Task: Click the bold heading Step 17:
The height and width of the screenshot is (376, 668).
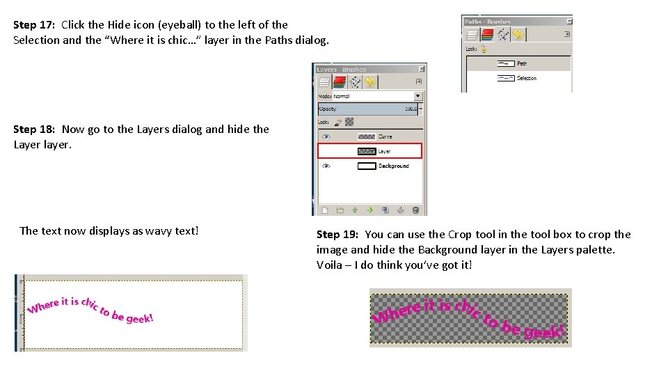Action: coord(34,24)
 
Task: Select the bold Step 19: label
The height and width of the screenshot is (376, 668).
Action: coord(337,235)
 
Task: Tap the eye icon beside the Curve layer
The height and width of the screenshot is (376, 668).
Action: coord(326,136)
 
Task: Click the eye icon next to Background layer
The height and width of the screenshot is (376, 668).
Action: coord(326,166)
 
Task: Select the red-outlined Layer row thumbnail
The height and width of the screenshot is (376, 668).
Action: coord(366,151)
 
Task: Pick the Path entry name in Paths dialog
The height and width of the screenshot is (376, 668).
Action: coord(522,63)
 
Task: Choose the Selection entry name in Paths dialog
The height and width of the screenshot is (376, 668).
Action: coord(527,78)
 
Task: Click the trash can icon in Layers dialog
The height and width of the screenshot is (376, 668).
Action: coord(415,210)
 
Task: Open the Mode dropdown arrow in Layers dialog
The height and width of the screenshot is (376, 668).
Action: coord(418,96)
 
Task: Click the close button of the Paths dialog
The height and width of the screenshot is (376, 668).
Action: coord(568,22)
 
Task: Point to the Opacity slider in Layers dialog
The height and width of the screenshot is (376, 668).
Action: coord(369,109)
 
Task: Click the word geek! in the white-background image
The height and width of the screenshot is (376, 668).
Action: coord(139,318)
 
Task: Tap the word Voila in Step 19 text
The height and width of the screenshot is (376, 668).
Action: coord(330,265)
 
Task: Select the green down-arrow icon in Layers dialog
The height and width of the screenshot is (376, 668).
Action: coord(369,210)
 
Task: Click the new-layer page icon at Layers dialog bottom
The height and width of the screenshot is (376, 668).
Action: coord(325,210)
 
